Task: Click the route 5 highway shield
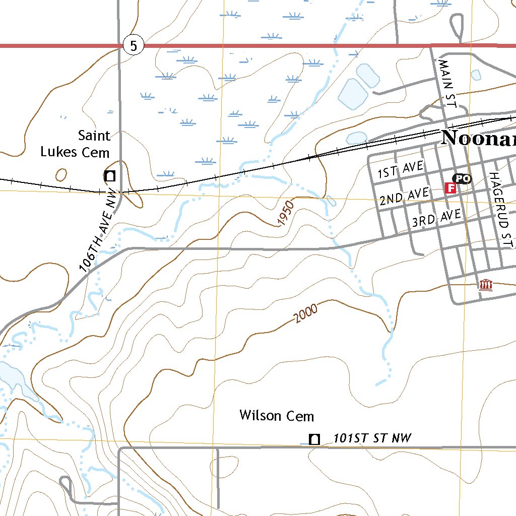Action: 133,46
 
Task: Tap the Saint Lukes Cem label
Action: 76,144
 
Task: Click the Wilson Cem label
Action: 277,416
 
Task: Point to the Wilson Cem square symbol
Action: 314,439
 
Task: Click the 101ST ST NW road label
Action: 372,438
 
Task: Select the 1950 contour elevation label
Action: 285,213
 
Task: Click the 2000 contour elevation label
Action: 306,313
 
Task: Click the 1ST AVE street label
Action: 401,170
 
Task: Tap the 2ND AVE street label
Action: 404,196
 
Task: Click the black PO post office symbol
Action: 462,178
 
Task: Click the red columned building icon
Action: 485,286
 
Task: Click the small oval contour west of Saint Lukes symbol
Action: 61,175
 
